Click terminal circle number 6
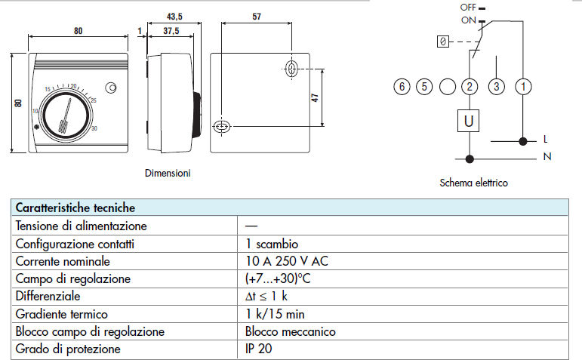point(402,87)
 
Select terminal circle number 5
point(424,87)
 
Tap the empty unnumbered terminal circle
point(448,87)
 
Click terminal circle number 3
point(496,87)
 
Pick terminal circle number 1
point(523,87)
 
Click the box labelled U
point(469,121)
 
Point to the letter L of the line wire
point(545,139)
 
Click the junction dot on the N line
point(470,159)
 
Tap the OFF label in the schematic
point(468,7)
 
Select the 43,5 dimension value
point(174,17)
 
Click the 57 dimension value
point(257,17)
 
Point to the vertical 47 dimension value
point(315,98)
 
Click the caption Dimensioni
point(168,173)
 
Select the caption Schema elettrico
point(473,183)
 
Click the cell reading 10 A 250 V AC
point(287,261)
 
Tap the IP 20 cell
point(258,349)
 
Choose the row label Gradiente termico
point(62,314)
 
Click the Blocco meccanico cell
point(291,331)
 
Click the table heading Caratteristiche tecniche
point(75,208)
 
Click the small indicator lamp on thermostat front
point(111,88)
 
